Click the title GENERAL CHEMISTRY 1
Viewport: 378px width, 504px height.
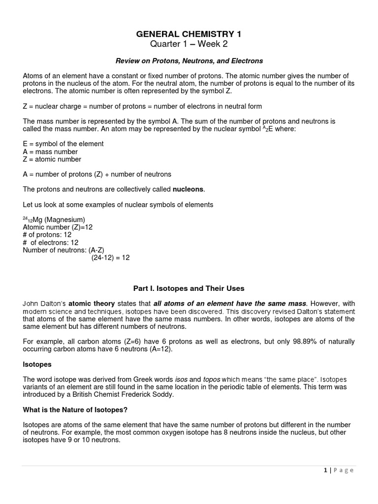189,34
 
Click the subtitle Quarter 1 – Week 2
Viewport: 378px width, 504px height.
189,45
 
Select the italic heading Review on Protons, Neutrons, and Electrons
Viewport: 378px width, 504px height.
189,61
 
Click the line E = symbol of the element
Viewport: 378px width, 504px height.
63,144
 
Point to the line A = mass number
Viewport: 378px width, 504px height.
50,152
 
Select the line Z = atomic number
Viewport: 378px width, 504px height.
52,159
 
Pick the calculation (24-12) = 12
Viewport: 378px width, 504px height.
110,257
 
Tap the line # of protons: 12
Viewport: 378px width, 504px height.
47,235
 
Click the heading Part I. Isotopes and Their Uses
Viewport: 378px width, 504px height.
189,288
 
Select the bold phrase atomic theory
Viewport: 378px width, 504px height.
92,304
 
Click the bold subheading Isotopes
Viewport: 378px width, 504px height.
37,365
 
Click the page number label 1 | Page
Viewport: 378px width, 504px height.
339,470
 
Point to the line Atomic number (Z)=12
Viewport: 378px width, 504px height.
58,227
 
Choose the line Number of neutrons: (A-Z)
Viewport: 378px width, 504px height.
63,250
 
